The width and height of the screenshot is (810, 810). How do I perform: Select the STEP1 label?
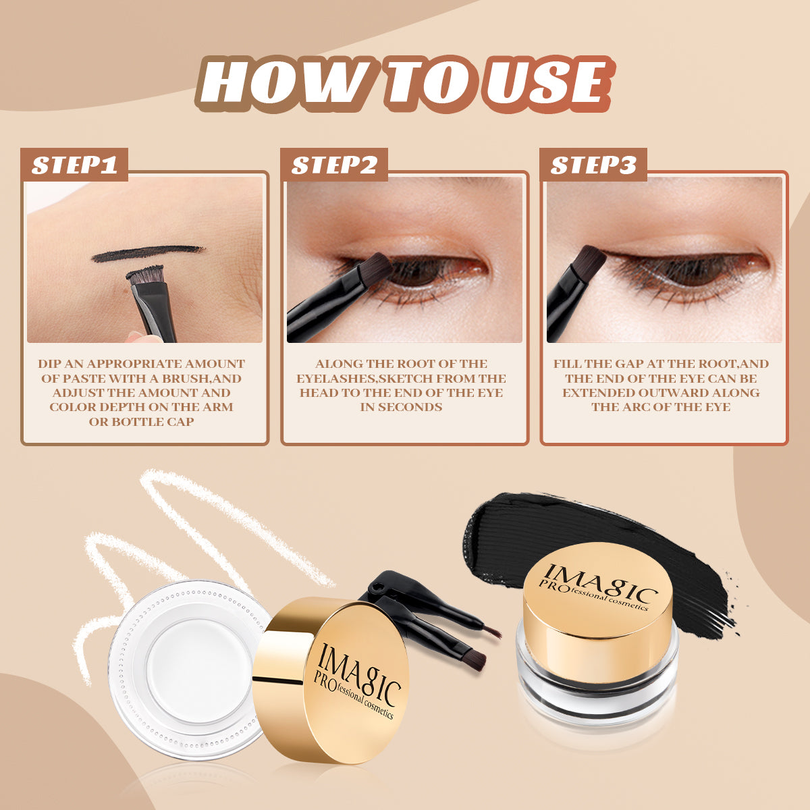(74, 165)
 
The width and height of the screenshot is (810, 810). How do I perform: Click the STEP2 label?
(334, 165)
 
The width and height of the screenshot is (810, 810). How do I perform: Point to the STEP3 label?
(593, 165)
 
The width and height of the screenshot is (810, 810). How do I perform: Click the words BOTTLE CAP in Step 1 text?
(142, 422)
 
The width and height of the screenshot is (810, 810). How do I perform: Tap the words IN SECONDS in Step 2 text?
(401, 407)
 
